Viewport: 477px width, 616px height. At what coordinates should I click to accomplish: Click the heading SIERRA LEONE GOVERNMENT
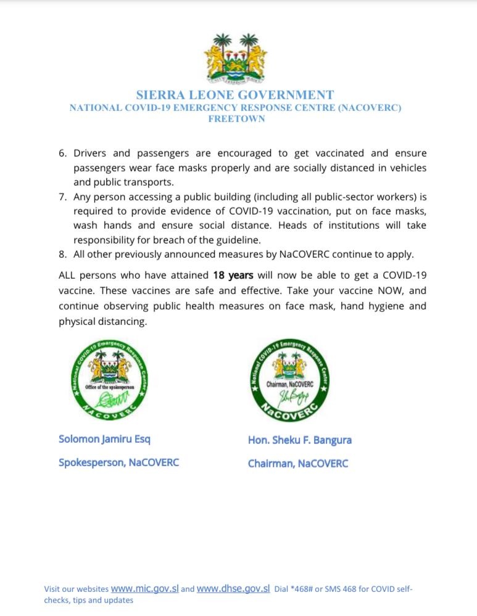click(234, 95)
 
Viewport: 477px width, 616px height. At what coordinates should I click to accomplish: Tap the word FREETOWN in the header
click(236, 119)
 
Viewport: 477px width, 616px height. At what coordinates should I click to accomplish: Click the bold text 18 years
click(233, 276)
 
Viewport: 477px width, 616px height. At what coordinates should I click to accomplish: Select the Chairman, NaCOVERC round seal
click(290, 380)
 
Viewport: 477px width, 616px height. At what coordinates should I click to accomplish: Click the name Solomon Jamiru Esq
click(104, 439)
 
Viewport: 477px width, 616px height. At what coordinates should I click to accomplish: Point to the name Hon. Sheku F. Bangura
click(300, 440)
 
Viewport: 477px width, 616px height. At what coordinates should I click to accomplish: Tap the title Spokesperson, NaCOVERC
click(118, 462)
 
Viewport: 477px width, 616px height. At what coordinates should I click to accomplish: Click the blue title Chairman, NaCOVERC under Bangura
click(298, 463)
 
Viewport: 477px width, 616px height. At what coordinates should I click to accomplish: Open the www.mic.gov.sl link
click(144, 588)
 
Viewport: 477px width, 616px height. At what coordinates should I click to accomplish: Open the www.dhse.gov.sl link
click(233, 588)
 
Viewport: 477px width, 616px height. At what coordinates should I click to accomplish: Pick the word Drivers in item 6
click(90, 153)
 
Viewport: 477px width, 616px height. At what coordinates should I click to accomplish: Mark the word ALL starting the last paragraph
click(68, 276)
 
